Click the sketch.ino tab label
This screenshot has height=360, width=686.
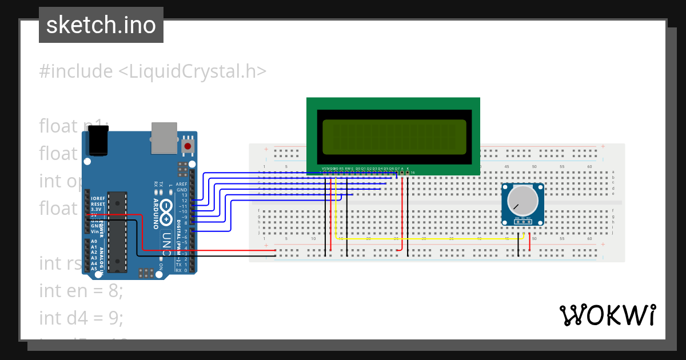(x=101, y=25)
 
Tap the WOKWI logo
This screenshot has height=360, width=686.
(x=607, y=315)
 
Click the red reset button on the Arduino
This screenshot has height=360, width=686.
(x=187, y=146)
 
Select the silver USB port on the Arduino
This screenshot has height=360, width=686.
(x=164, y=138)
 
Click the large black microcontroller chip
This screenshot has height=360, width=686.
(x=117, y=231)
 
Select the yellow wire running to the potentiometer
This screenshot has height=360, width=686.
(x=429, y=239)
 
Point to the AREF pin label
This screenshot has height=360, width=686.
(x=182, y=184)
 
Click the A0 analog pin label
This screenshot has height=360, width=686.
(x=94, y=242)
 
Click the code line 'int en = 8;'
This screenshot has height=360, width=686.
(x=81, y=291)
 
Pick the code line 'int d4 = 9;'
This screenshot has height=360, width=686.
(x=81, y=317)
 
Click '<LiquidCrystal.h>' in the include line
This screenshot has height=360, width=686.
(x=192, y=71)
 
